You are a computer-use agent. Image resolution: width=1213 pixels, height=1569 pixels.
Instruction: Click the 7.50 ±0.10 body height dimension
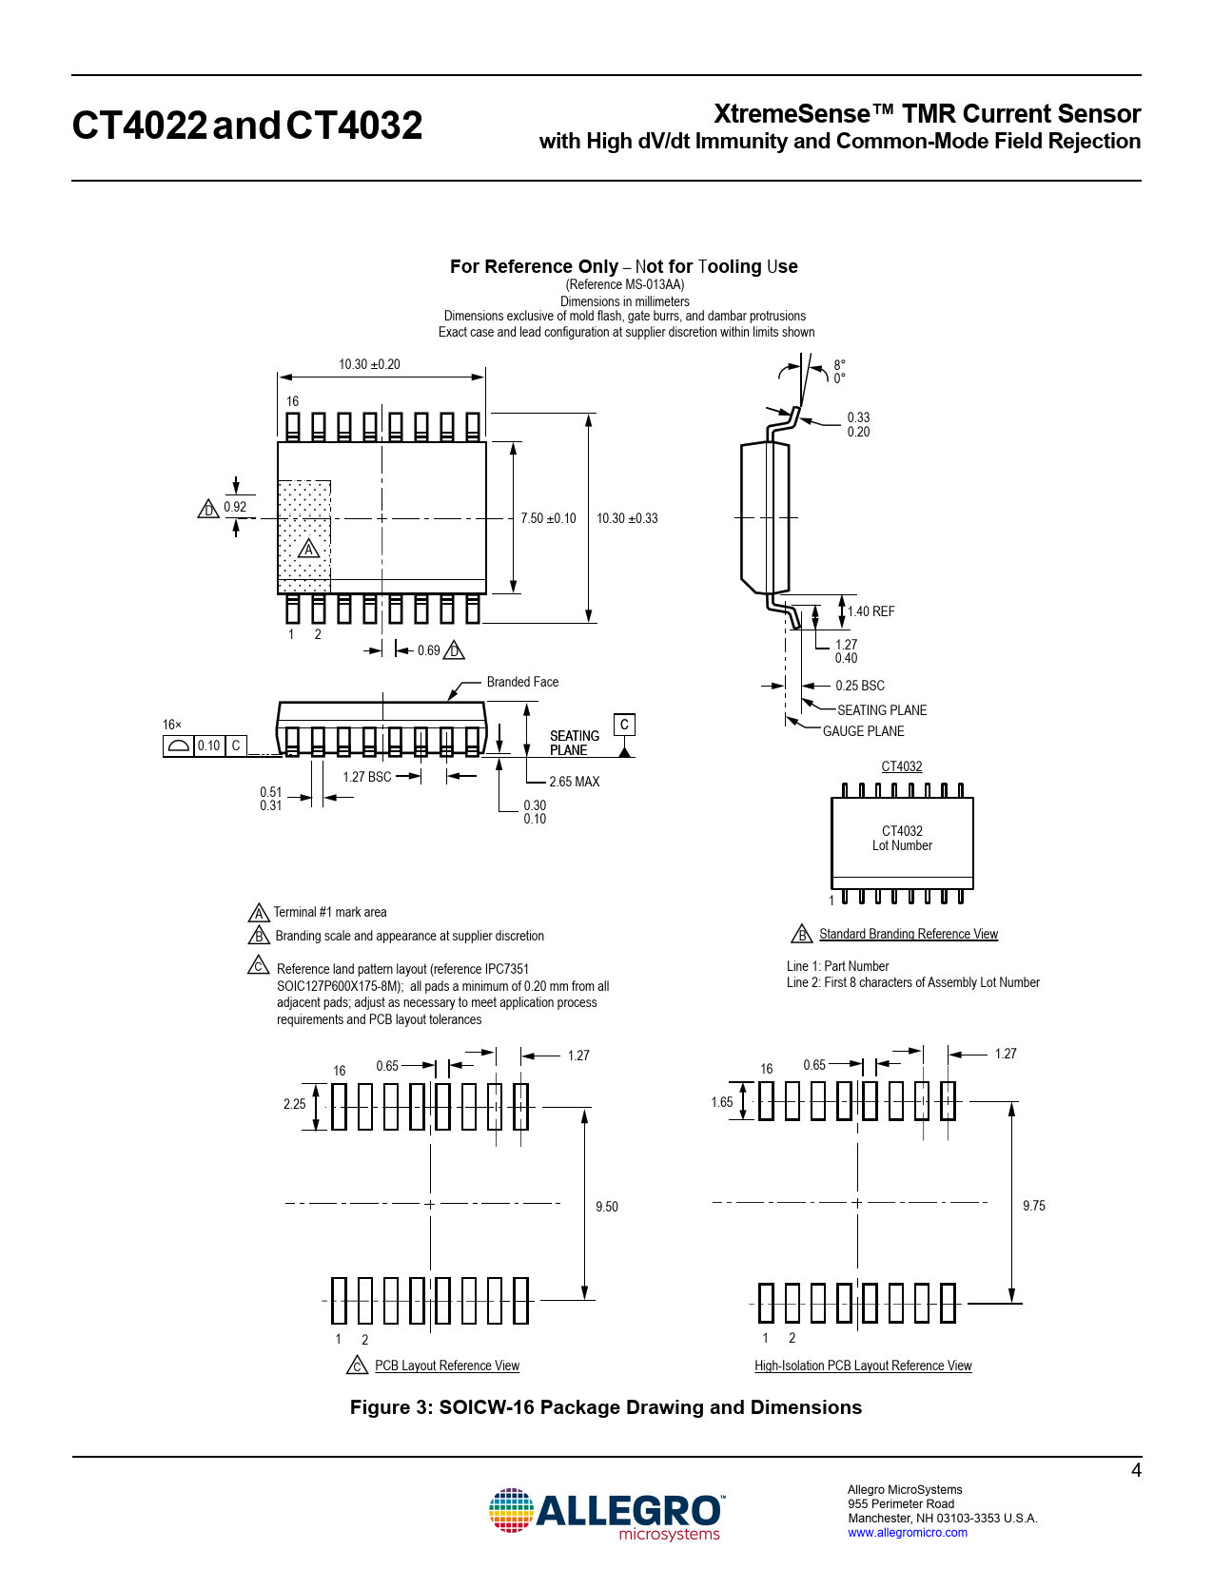click(x=548, y=518)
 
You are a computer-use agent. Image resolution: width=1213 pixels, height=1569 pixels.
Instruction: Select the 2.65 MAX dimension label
click(x=574, y=782)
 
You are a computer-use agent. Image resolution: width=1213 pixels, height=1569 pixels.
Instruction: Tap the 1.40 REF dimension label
click(x=871, y=611)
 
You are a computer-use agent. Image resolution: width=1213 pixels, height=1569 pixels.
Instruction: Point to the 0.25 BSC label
click(x=859, y=686)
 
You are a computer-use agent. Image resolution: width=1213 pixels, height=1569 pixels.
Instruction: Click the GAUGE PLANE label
click(x=863, y=731)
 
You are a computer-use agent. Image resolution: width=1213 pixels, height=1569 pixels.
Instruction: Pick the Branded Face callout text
click(x=522, y=682)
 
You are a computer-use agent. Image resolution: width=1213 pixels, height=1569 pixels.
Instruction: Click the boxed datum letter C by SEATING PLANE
click(x=624, y=725)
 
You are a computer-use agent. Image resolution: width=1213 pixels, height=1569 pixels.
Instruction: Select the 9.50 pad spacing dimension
click(x=606, y=1207)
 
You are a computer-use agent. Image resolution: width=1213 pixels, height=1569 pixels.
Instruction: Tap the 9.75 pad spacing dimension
click(x=1033, y=1206)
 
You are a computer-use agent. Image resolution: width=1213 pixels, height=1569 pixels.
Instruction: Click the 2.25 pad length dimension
click(x=294, y=1104)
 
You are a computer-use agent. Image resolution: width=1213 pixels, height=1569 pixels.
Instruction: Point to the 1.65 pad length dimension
click(x=721, y=1102)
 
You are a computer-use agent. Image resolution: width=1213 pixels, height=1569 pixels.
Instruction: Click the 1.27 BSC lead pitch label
click(x=366, y=777)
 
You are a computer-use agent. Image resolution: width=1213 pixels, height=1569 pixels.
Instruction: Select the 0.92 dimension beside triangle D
click(x=235, y=507)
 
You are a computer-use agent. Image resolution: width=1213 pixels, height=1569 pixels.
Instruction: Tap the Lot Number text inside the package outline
click(x=902, y=845)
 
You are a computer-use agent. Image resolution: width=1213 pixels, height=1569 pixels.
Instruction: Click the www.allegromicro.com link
click(x=907, y=1532)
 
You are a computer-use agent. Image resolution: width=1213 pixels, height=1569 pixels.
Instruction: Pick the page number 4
click(x=1135, y=1470)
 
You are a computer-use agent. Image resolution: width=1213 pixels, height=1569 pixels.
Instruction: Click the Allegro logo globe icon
click(x=511, y=1511)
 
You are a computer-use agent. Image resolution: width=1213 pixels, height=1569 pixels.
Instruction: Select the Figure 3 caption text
click(x=605, y=1407)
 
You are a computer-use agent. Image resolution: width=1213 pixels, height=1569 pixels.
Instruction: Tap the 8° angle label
click(x=839, y=364)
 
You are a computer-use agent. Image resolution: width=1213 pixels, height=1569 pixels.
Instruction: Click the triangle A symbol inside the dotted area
click(x=308, y=549)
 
